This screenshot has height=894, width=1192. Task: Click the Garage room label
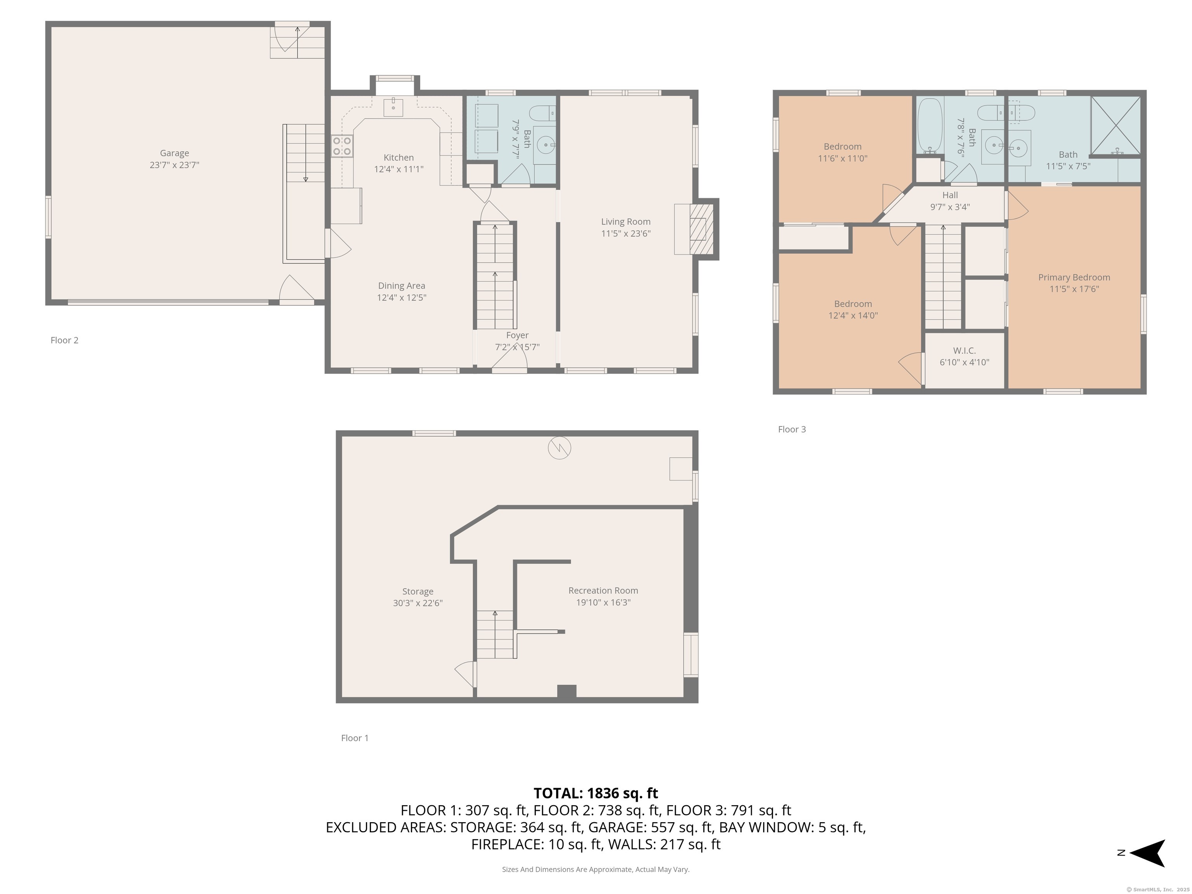tap(174, 153)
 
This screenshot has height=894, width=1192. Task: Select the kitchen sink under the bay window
tap(393, 107)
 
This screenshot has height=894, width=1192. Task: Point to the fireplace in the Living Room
tap(700, 229)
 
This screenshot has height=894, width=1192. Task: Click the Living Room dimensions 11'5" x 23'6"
tap(625, 233)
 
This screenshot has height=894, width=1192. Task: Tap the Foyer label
tap(517, 335)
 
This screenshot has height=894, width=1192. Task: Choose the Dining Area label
tap(402, 286)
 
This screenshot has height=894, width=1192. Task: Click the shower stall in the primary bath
tap(1116, 126)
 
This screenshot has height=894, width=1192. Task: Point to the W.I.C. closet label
tap(964, 350)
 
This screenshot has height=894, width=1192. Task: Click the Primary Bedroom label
tap(1074, 277)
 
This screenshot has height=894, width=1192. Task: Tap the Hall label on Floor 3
tap(950, 195)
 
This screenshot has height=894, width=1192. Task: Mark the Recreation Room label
tap(603, 591)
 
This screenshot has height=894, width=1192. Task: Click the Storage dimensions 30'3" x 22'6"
tap(418, 603)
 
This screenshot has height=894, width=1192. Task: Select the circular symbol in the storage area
tap(560, 448)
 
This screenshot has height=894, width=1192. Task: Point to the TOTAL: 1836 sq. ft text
tap(596, 793)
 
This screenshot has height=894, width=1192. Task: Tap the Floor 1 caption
tap(355, 738)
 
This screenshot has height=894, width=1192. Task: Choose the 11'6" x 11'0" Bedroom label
tap(842, 158)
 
